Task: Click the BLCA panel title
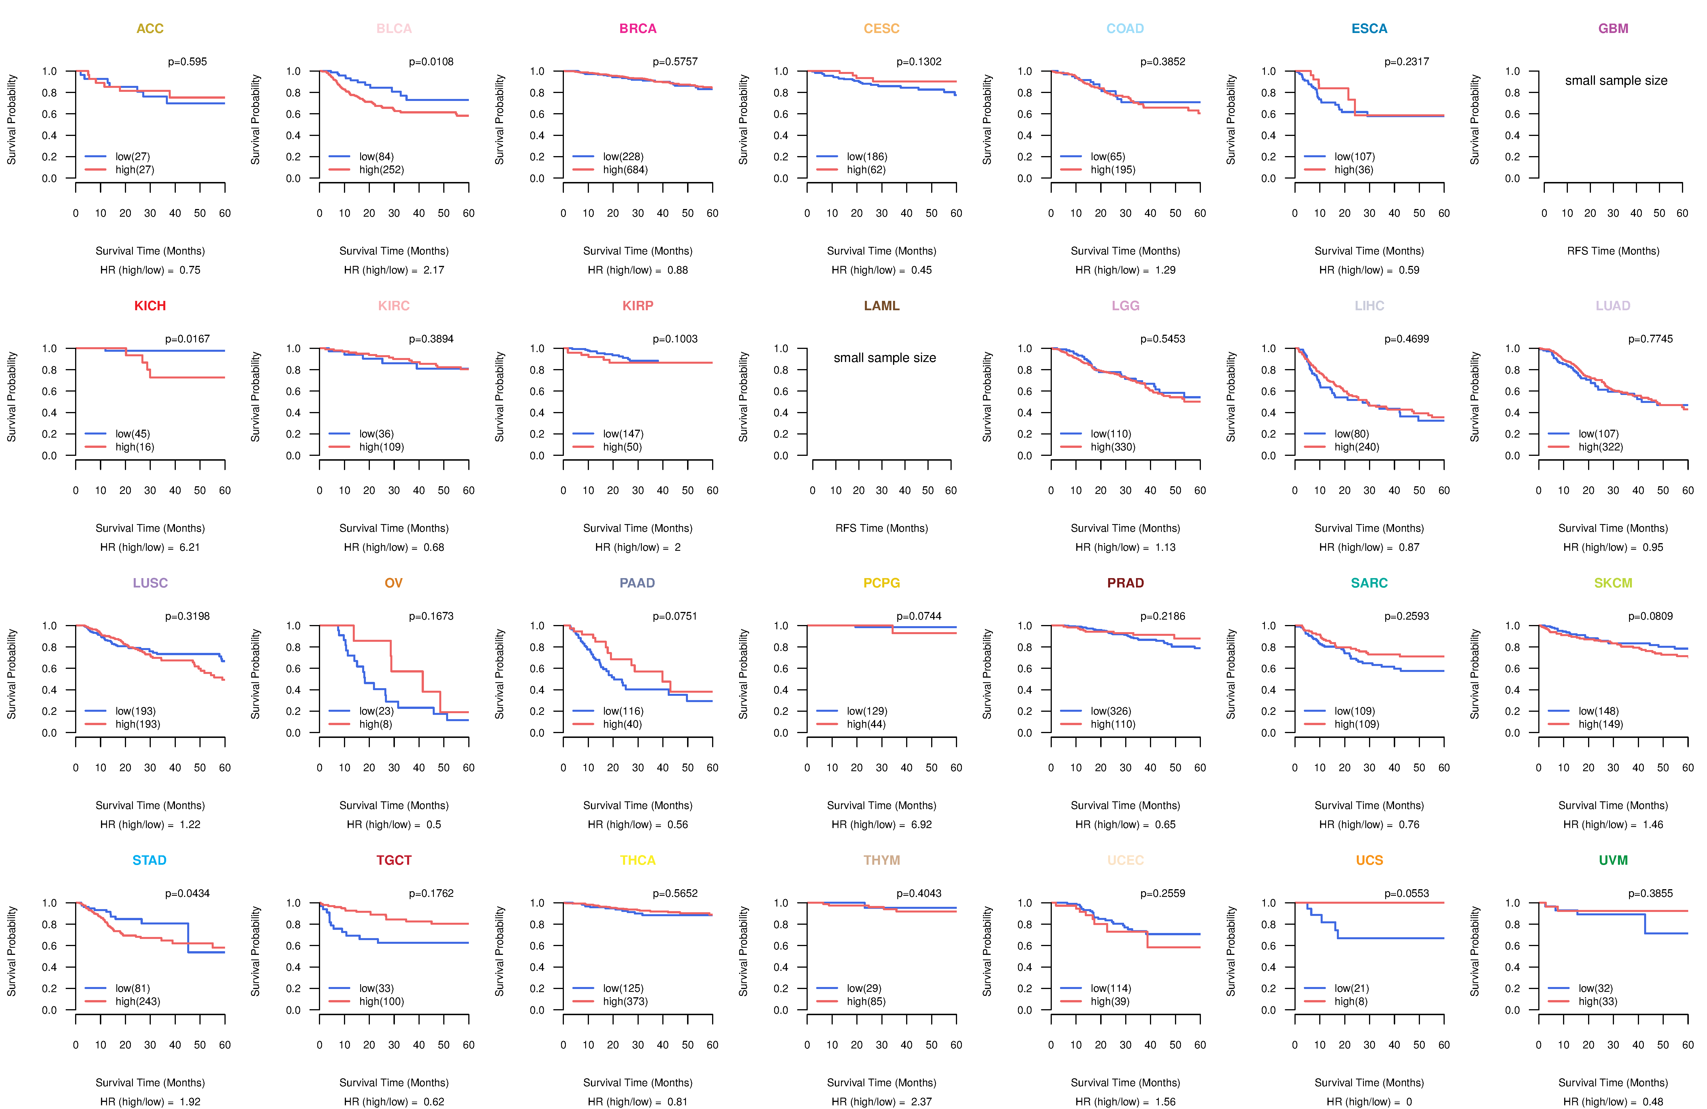[394, 29]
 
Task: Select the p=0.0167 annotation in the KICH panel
[187, 339]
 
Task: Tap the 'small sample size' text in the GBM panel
[1616, 80]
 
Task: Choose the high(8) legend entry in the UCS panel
[1351, 1002]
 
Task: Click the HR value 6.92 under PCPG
[921, 824]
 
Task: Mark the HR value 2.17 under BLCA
[434, 270]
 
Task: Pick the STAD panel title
[149, 860]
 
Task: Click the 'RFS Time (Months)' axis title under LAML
[881, 528]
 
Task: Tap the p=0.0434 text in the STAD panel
[187, 893]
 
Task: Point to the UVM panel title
[1613, 860]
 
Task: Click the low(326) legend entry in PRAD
[1111, 711]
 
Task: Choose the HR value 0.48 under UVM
[1653, 1102]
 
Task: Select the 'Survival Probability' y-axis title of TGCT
[255, 951]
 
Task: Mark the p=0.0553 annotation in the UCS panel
[1407, 893]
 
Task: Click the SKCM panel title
[1613, 583]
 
